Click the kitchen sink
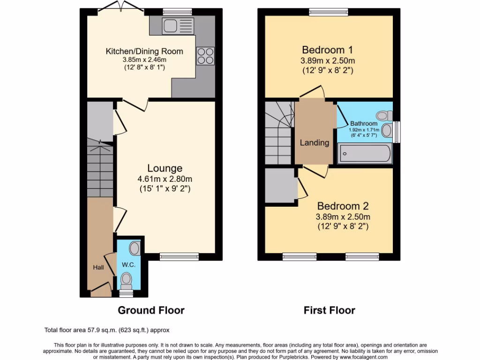pyautogui.click(x=177, y=25)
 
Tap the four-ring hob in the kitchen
pyautogui.click(x=205, y=56)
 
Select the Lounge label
pyautogui.click(x=165, y=168)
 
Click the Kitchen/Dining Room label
pyautogui.click(x=144, y=51)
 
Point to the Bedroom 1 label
pyautogui.click(x=327, y=50)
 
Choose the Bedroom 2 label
pyautogui.click(x=343, y=206)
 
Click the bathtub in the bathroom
pyautogui.click(x=365, y=154)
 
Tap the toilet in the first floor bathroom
pyautogui.click(x=385, y=115)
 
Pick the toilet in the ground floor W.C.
pyautogui.click(x=126, y=280)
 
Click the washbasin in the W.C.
pyautogui.click(x=135, y=248)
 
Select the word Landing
pyautogui.click(x=315, y=142)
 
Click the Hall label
pyautogui.click(x=98, y=267)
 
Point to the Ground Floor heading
pyautogui.click(x=151, y=310)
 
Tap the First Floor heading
pyautogui.click(x=329, y=310)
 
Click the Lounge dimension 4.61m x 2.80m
pyautogui.click(x=165, y=179)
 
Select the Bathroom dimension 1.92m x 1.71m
pyautogui.click(x=364, y=130)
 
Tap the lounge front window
pyautogui.click(x=179, y=256)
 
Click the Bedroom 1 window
pyautogui.click(x=329, y=12)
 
